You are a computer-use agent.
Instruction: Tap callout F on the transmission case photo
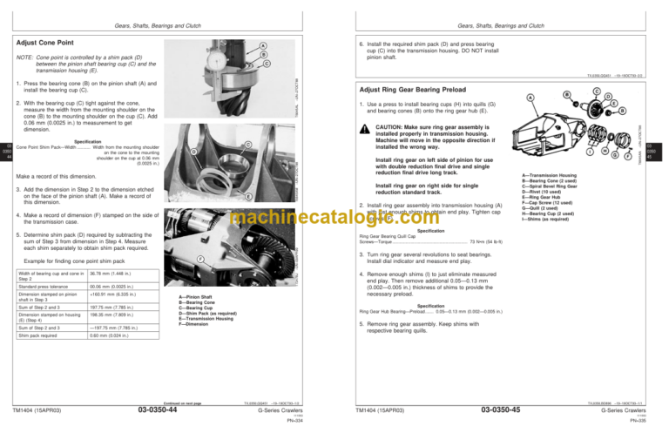tap(200, 259)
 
